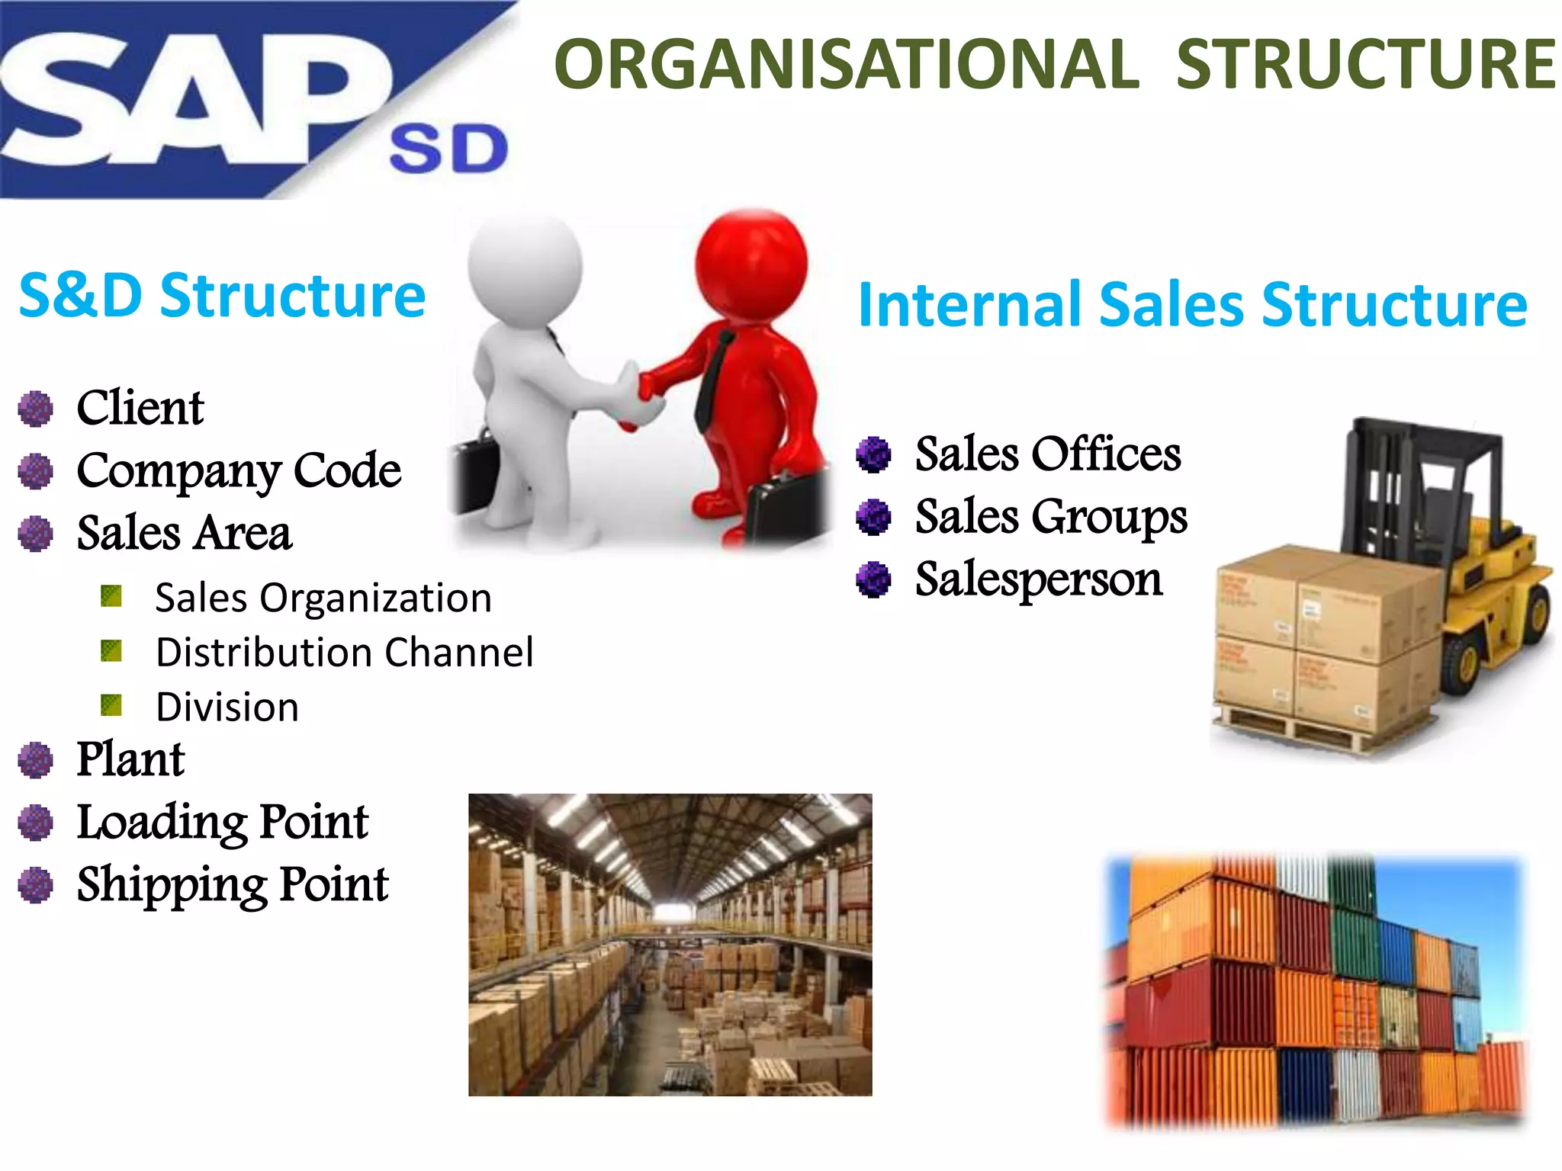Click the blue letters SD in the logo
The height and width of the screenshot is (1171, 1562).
click(448, 149)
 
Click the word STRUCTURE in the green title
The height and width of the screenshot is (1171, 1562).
click(1365, 64)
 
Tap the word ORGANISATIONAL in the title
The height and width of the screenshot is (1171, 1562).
click(847, 64)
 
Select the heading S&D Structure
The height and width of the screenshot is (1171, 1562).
click(222, 296)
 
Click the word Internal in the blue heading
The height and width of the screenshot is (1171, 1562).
click(969, 305)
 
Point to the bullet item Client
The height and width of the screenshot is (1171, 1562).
click(140, 407)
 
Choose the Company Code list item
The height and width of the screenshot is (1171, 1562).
click(239, 470)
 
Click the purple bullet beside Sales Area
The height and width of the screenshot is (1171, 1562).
click(36, 534)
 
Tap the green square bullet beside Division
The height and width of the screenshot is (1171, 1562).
click(111, 705)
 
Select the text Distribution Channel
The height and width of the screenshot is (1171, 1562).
click(345, 653)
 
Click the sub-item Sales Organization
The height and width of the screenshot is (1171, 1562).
click(323, 598)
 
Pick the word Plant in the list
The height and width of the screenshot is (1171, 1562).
click(130, 759)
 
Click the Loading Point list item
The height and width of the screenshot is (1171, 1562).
click(223, 822)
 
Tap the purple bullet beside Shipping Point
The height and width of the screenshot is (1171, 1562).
click(36, 885)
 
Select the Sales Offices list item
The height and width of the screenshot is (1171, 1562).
click(1048, 454)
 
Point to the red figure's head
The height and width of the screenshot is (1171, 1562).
click(752, 263)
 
